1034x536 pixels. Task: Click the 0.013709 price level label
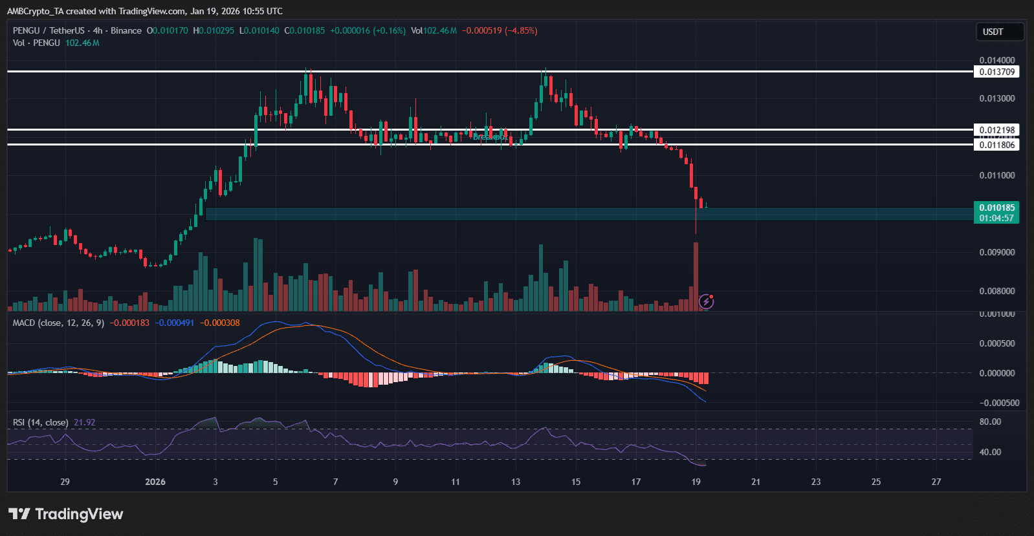coord(996,72)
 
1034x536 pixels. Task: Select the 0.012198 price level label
coord(996,130)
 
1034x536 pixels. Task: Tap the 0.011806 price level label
coord(996,145)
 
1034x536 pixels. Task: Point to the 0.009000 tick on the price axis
coord(996,252)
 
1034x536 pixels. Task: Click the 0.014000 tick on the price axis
coord(996,60)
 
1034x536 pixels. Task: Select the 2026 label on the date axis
coord(155,482)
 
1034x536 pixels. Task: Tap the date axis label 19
coord(696,482)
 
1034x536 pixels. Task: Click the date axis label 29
coord(65,482)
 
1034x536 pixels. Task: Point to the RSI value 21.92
coord(84,422)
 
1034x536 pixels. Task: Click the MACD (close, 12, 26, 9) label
coord(58,323)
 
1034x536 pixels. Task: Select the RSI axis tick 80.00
coord(990,422)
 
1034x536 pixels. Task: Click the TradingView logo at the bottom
coord(65,514)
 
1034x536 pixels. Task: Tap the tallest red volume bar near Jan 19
coord(696,275)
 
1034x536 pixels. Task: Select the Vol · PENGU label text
coord(36,43)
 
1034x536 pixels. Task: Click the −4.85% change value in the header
coord(521,30)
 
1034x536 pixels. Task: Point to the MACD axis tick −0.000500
coord(996,403)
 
